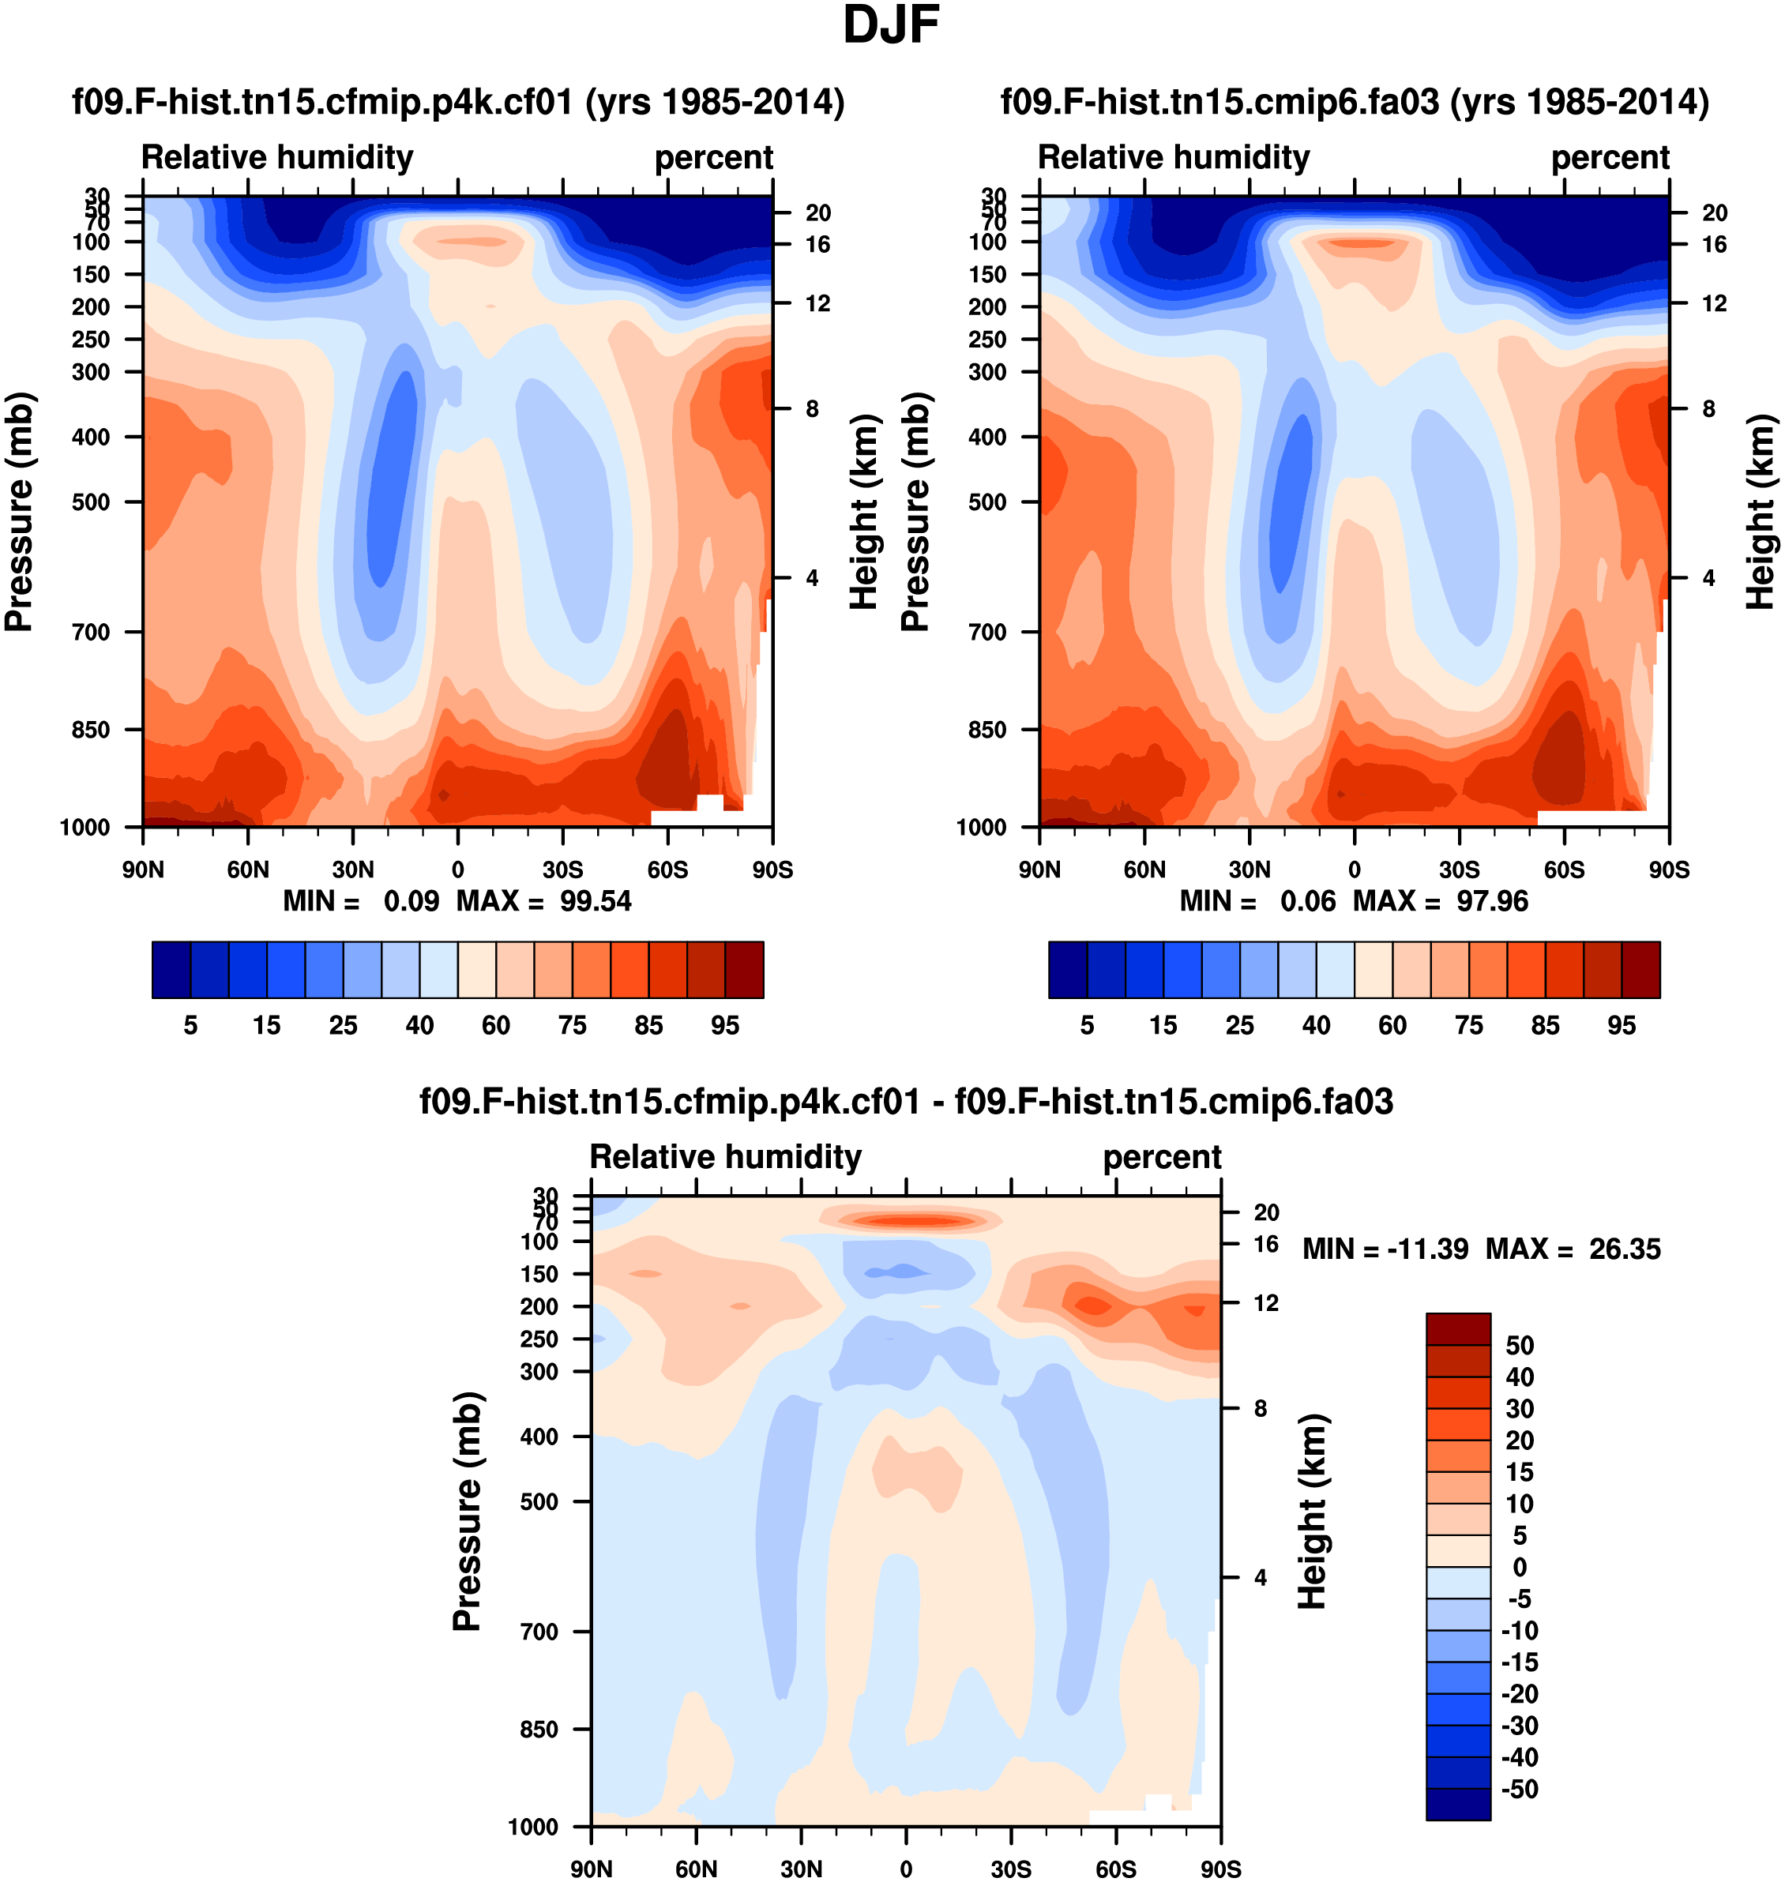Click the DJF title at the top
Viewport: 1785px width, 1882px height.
pyautogui.click(x=891, y=27)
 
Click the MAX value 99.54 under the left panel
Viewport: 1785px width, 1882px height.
pyautogui.click(x=595, y=901)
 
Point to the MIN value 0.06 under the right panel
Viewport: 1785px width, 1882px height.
pyautogui.click(x=1307, y=901)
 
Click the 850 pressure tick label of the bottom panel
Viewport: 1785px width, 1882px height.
pyautogui.click(x=539, y=1729)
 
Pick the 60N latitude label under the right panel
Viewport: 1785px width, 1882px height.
pyautogui.click(x=1144, y=870)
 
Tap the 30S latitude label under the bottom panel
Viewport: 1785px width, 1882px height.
pyautogui.click(x=1010, y=1869)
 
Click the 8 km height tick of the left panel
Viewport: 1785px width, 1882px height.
pyautogui.click(x=812, y=409)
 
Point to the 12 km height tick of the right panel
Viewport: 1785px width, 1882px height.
pyautogui.click(x=1714, y=303)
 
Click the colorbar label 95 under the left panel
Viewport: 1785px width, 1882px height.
pyautogui.click(x=725, y=1025)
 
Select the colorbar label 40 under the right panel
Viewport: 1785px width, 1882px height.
pyautogui.click(x=1316, y=1025)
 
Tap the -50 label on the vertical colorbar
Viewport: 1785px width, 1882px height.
pyautogui.click(x=1519, y=1789)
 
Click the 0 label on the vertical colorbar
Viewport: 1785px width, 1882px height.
pyautogui.click(x=1520, y=1567)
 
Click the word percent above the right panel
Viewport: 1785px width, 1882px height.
pyautogui.click(x=1610, y=157)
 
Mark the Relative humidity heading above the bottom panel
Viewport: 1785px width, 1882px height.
pyautogui.click(x=725, y=1156)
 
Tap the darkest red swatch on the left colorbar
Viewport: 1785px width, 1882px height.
pyautogui.click(x=744, y=970)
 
